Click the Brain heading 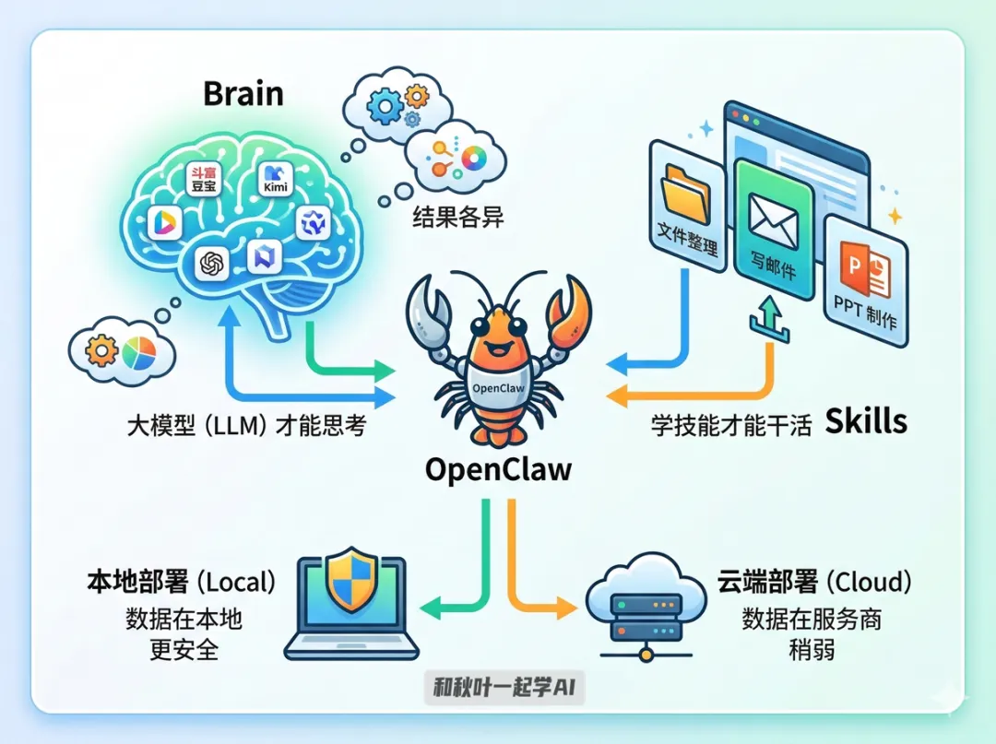click(243, 93)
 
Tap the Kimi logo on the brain click(276, 177)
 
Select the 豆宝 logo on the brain click(202, 179)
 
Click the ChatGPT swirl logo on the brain click(212, 265)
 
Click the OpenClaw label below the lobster click(498, 468)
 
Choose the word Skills click(866, 422)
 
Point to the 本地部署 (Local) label click(181, 583)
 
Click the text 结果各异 click(457, 218)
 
